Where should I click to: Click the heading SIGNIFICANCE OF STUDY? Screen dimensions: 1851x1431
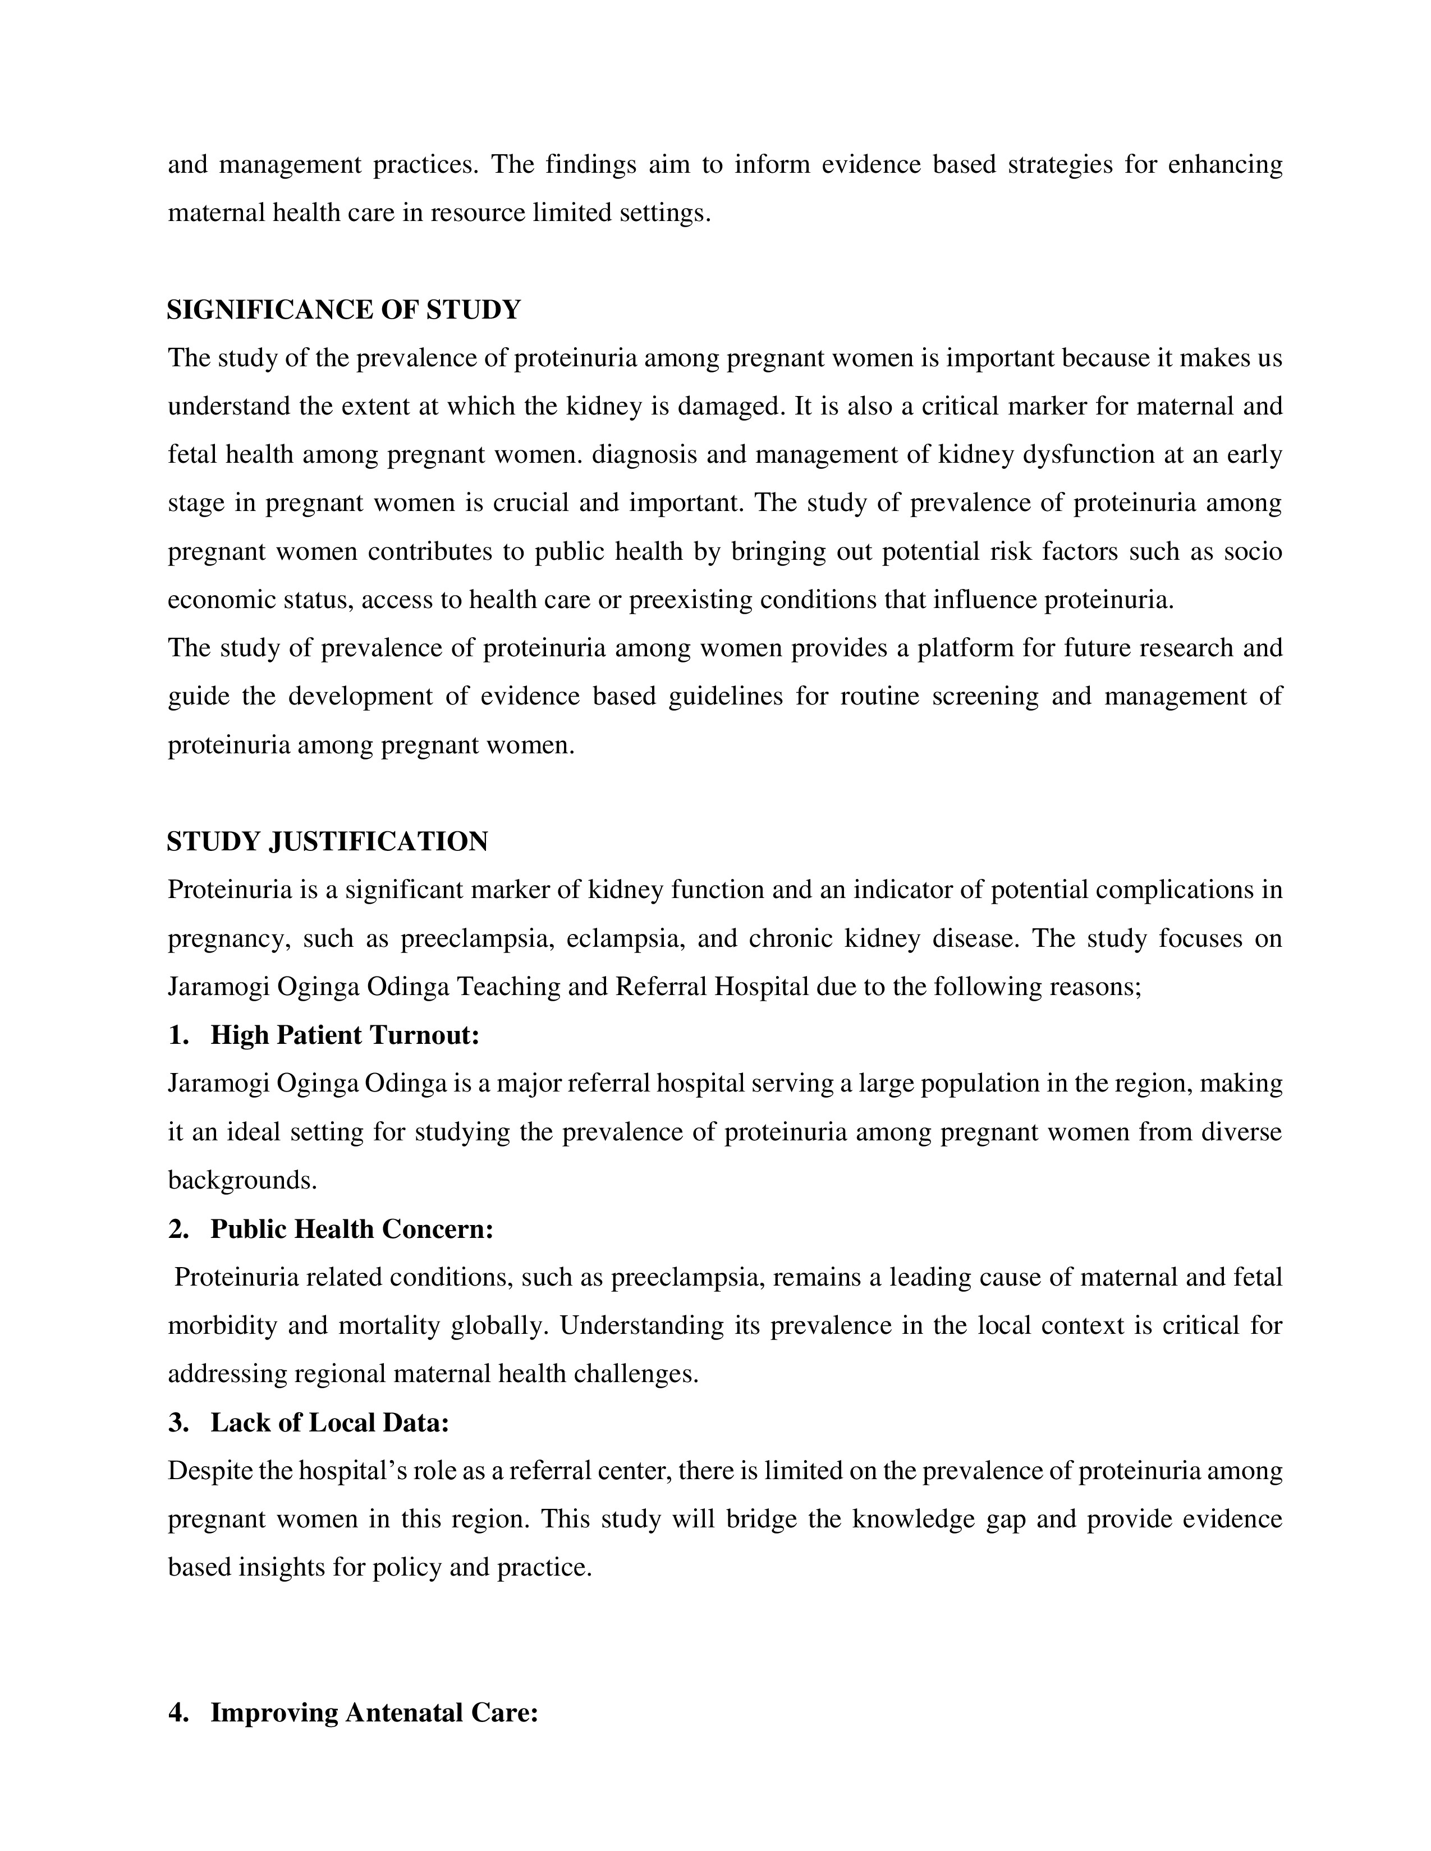pos(343,310)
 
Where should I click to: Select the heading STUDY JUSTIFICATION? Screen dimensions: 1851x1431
pos(327,841)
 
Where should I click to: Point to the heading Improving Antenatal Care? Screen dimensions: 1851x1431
pos(374,1713)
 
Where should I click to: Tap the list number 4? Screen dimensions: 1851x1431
pos(177,1713)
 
